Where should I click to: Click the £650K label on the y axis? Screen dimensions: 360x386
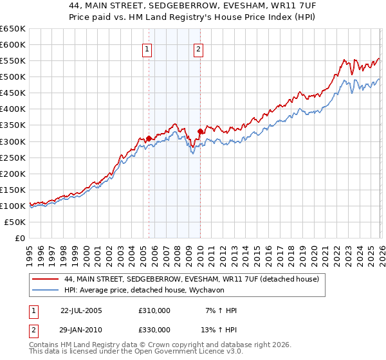pyautogui.click(x=13, y=29)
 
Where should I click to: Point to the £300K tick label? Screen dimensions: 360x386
pyautogui.click(x=13, y=141)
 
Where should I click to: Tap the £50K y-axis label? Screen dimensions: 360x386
pyautogui.click(x=15, y=222)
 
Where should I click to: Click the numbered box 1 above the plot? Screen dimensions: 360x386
pyautogui.click(x=147, y=49)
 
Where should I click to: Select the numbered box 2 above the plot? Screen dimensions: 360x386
pyautogui.click(x=198, y=49)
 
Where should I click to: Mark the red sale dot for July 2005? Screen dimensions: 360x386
pyautogui.click(x=149, y=138)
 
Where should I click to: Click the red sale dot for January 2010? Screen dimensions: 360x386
pyautogui.click(x=200, y=132)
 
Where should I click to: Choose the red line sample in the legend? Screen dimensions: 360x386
pyautogui.click(x=45, y=279)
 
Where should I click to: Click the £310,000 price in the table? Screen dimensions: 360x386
pyautogui.click(x=154, y=310)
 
